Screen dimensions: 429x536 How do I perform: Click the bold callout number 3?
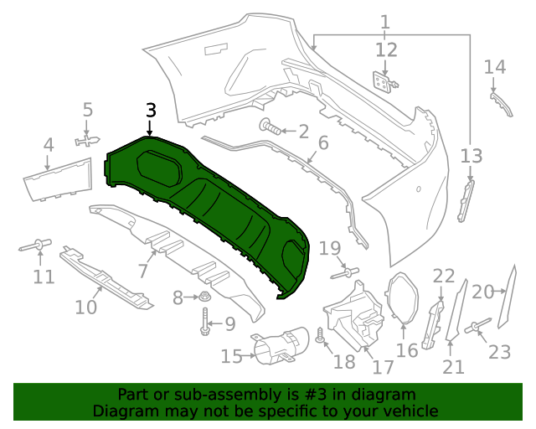click(x=151, y=110)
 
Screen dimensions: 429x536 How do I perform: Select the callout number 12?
click(x=386, y=50)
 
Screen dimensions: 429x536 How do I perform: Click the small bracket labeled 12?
click(x=384, y=80)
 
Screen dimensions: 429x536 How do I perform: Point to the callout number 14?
click(x=495, y=66)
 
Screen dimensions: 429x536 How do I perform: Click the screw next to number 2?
click(x=271, y=128)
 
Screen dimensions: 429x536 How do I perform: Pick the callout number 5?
click(x=88, y=109)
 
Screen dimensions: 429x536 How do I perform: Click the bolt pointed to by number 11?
click(x=37, y=246)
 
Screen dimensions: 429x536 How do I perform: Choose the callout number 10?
click(x=86, y=308)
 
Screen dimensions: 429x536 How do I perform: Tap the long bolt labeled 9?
click(x=205, y=323)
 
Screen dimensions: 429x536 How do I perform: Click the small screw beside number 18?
click(x=319, y=336)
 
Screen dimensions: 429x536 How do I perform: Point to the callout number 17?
click(x=383, y=367)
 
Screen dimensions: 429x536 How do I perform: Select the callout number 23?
click(x=499, y=352)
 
